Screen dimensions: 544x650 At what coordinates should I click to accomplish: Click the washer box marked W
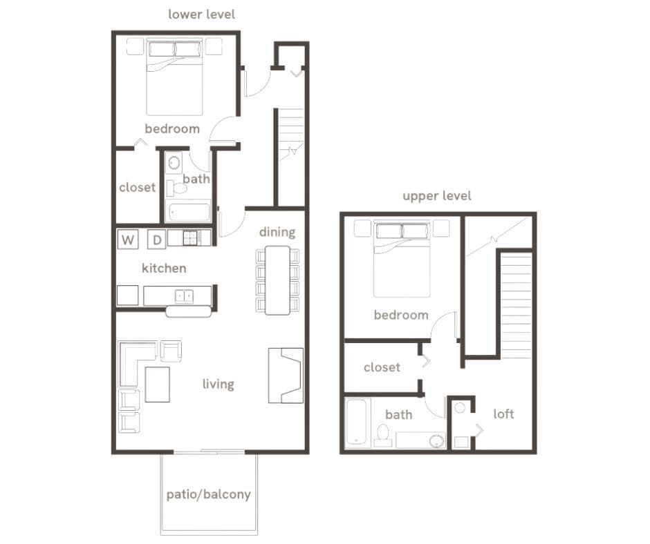click(x=128, y=240)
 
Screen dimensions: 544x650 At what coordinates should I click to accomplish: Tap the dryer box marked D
click(x=157, y=240)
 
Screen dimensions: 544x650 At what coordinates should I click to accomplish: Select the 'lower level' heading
click(x=201, y=14)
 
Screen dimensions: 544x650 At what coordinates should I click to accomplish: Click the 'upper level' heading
click(x=437, y=196)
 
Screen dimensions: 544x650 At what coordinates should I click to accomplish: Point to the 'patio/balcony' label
click(x=208, y=494)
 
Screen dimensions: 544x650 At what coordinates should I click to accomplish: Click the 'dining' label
click(x=277, y=232)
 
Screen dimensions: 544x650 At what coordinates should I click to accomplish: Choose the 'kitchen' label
click(x=164, y=268)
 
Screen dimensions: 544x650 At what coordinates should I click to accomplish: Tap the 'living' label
click(x=218, y=384)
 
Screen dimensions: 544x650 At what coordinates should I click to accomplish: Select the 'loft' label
click(x=503, y=414)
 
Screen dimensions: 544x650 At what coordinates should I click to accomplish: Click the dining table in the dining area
click(x=277, y=280)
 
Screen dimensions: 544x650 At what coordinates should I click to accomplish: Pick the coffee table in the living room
click(x=157, y=384)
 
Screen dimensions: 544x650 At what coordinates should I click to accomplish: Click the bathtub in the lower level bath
click(x=189, y=211)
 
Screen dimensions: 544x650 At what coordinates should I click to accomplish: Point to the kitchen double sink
click(x=184, y=296)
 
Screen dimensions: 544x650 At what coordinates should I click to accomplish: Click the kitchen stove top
click(x=196, y=238)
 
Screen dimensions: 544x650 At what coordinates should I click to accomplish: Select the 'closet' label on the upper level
click(x=382, y=367)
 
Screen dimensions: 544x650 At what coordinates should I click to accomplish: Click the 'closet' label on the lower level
click(x=137, y=187)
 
